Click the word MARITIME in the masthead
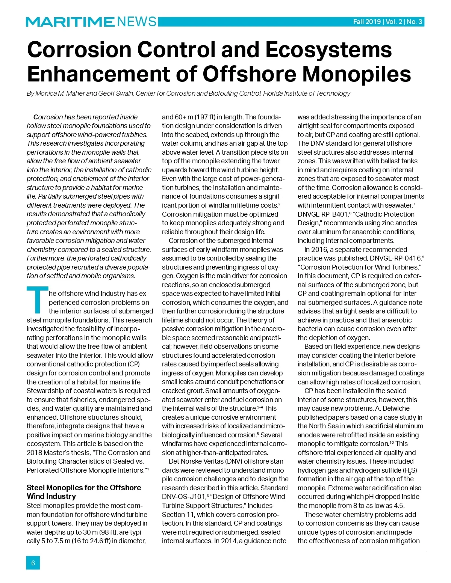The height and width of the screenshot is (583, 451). (x=70, y=22)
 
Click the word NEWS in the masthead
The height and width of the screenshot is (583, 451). (x=137, y=22)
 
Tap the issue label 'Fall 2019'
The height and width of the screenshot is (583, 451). (x=367, y=22)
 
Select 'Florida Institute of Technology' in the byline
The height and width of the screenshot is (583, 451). (x=307, y=93)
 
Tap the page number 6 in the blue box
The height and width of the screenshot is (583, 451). (x=33, y=563)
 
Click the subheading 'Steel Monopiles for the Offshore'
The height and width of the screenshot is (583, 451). (x=84, y=488)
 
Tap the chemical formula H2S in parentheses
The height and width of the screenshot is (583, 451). (x=410, y=471)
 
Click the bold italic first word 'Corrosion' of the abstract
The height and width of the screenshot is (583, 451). (x=48, y=117)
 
